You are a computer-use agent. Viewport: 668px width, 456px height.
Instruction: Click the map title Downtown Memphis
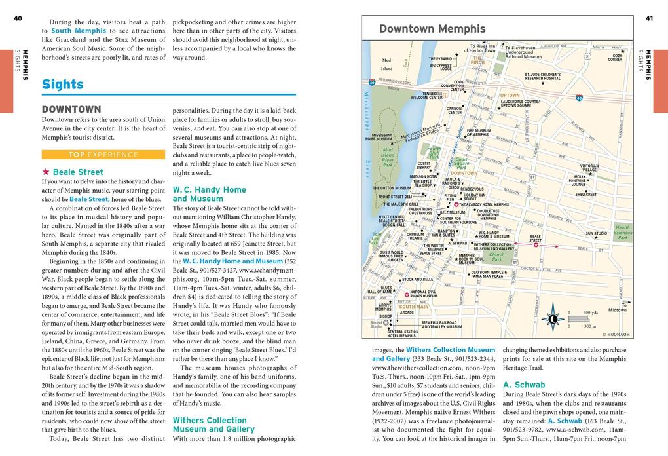pyautogui.click(x=432, y=29)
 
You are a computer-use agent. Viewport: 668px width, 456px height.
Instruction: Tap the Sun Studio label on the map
pyautogui.click(x=596, y=233)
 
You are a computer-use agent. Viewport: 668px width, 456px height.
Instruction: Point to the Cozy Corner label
pyautogui.click(x=615, y=58)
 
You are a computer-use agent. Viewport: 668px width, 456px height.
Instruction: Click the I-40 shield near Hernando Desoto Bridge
pyautogui.click(x=372, y=83)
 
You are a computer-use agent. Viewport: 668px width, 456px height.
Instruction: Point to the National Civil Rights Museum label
pyautogui.click(x=423, y=294)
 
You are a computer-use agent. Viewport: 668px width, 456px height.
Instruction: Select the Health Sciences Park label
pyautogui.click(x=622, y=233)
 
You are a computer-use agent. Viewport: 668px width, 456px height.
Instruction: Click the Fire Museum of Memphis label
pyautogui.click(x=478, y=132)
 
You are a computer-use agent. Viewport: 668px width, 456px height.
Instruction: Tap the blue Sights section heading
pyautogui.click(x=62, y=85)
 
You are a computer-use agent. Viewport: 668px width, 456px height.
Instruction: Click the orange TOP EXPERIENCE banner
pyautogui.click(x=103, y=155)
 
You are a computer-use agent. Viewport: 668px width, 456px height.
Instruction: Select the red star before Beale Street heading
pyautogui.click(x=46, y=172)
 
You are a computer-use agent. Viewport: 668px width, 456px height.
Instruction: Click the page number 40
pyautogui.click(x=18, y=18)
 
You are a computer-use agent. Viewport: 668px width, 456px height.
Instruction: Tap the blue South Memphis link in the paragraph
pyautogui.click(x=79, y=31)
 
